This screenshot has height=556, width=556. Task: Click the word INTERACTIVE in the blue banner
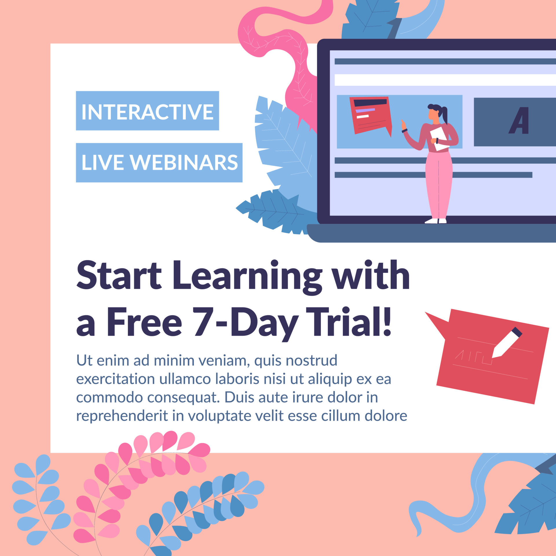coord(147,112)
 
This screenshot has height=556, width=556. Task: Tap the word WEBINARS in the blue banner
coord(184,162)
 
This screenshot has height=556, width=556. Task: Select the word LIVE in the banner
coord(103,162)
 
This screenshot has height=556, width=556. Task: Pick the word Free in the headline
coord(145,322)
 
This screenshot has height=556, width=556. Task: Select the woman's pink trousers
coord(438,185)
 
